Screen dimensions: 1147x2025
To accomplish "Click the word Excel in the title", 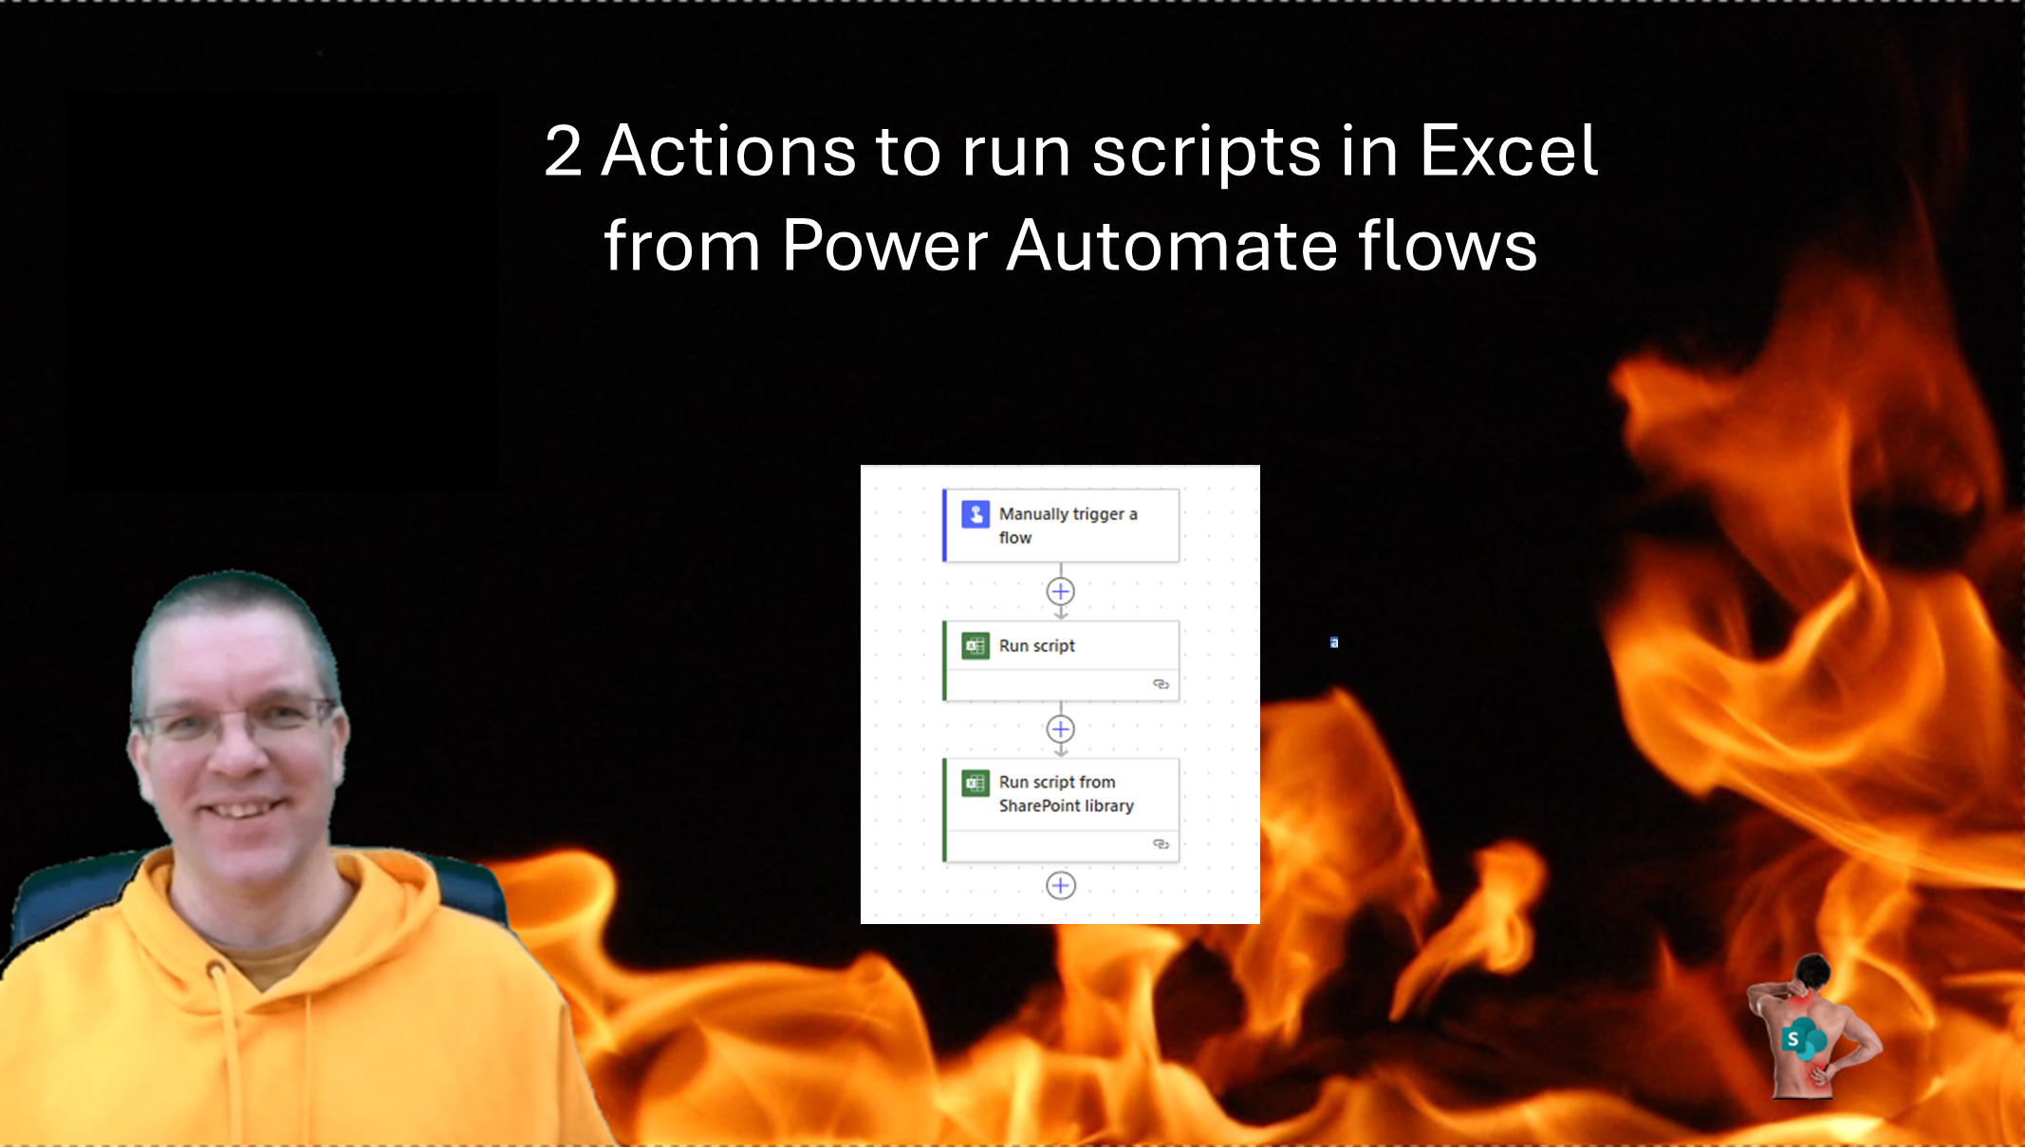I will pos(1508,152).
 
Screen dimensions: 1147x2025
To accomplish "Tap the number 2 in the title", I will pos(563,152).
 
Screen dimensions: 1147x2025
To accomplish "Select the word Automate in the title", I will pos(1171,246).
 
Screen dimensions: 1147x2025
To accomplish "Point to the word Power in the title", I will pos(884,246).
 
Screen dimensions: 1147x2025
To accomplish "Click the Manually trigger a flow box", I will pos(1061,526).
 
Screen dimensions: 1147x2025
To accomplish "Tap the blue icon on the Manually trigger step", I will pos(975,514).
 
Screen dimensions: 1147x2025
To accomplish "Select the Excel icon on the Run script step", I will pos(975,646).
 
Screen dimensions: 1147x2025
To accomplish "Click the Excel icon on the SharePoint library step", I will pos(975,783).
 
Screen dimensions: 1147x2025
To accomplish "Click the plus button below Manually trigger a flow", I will pos(1060,591).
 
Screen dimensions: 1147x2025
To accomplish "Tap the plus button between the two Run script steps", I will pos(1060,729).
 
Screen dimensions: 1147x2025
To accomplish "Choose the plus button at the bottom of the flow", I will pos(1060,885).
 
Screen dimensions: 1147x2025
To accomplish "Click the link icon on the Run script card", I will pos(1161,684).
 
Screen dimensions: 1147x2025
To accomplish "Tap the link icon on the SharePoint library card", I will pos(1161,843).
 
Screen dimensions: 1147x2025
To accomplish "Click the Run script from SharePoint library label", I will pos(1066,794).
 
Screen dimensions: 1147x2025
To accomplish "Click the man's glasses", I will pos(237,725).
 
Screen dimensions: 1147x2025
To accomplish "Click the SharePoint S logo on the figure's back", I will pos(1794,1039).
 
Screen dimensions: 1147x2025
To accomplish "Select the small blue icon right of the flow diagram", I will pos(1334,643).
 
